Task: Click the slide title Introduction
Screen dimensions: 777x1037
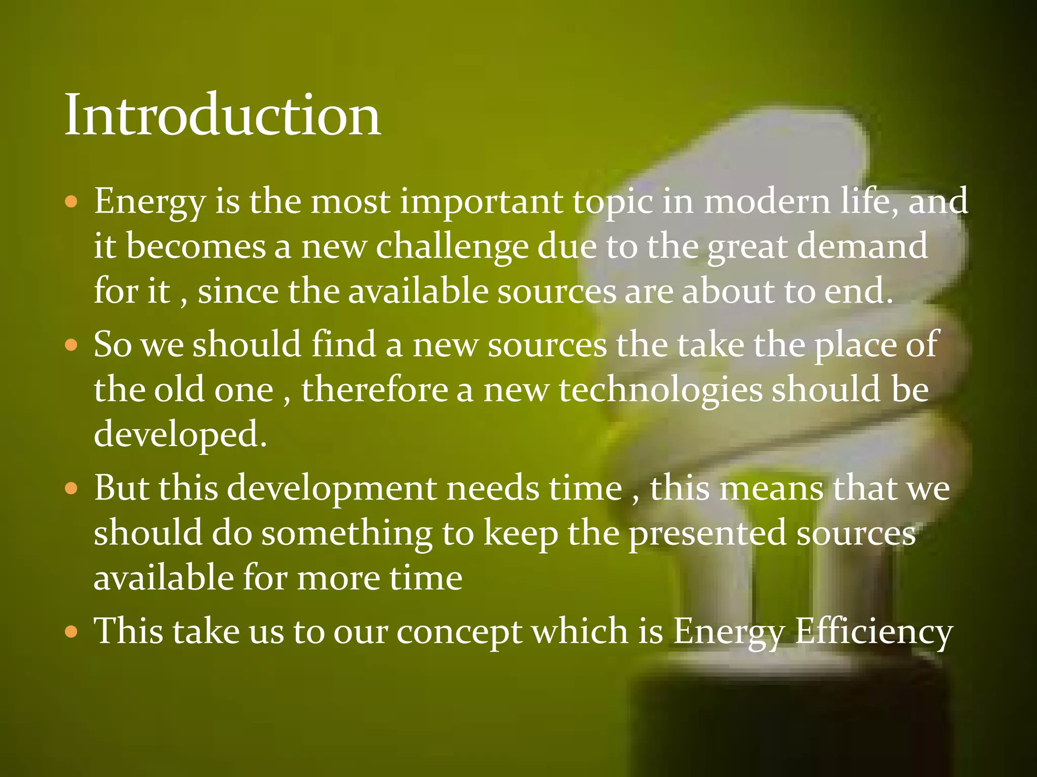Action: (223, 115)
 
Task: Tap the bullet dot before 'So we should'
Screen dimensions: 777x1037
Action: (72, 346)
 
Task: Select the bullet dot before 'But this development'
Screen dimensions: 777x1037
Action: (72, 489)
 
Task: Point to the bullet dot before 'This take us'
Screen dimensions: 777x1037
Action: (72, 632)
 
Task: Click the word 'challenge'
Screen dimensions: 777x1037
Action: (452, 247)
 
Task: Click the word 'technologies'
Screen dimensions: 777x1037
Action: (660, 391)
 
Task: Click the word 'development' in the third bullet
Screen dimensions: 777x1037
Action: (332, 489)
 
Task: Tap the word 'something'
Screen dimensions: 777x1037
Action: (347, 534)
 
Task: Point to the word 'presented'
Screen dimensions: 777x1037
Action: (708, 535)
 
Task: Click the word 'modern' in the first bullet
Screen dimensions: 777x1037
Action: (768, 201)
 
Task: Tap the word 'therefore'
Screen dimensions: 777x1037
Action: (375, 390)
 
